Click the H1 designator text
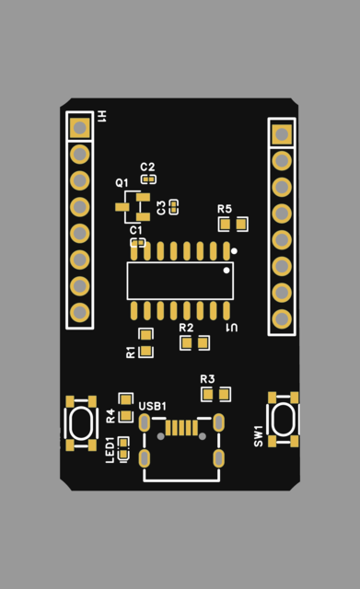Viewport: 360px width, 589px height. click(102, 116)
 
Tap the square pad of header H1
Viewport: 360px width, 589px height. click(80, 128)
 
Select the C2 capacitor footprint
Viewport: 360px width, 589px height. click(148, 179)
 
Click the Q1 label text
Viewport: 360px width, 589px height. click(122, 183)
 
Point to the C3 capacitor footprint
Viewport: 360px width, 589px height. click(174, 207)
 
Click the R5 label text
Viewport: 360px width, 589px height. click(225, 209)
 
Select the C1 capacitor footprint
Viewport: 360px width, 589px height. click(137, 243)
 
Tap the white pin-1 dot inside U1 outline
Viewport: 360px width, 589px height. click(226, 270)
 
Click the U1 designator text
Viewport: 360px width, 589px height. click(232, 328)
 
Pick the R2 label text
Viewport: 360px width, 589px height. click(186, 328)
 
